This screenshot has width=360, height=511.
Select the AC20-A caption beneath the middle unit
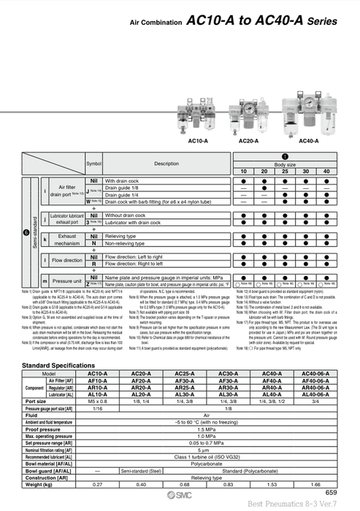(249, 141)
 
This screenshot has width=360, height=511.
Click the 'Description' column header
(166, 164)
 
